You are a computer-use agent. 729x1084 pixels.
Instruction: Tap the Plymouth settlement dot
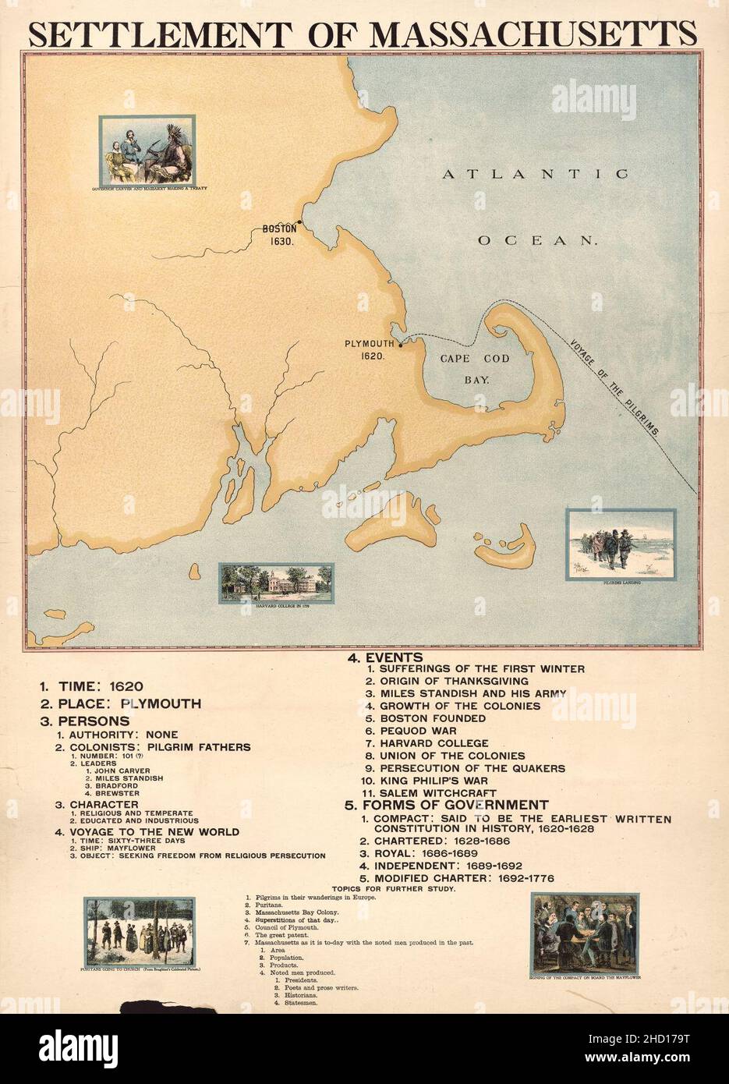click(400, 344)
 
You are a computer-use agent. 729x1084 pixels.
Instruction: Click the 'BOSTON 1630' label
click(279, 236)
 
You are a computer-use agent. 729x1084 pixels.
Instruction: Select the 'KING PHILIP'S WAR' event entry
click(427, 780)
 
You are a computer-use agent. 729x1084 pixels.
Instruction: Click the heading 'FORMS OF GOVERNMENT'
click(448, 805)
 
